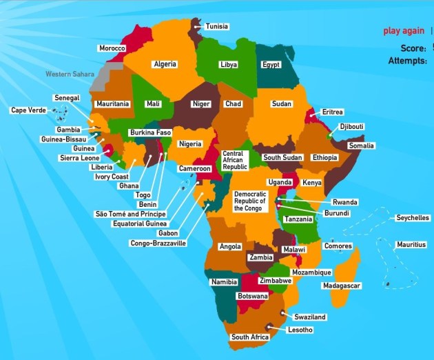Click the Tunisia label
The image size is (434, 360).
point(217,26)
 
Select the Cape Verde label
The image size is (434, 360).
point(28,110)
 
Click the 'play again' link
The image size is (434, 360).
point(404,31)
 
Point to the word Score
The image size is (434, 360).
point(413,48)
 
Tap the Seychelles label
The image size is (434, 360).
point(412,218)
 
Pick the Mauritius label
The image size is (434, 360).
point(411,245)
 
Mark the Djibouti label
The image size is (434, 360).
point(351,127)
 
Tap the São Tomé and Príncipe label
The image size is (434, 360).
point(130,214)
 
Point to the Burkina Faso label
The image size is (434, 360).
point(150,132)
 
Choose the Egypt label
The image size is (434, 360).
point(271,65)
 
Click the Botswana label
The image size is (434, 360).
point(251,296)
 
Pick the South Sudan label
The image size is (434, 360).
point(282,158)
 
